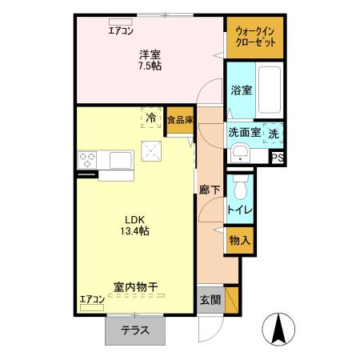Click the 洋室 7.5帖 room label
150,60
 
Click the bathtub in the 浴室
270,90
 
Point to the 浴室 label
241,90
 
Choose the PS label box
278,158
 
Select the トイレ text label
240,210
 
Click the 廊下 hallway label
210,190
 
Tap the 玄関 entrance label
210,301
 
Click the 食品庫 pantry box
180,120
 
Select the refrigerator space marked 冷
150,117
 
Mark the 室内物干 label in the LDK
134,285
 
